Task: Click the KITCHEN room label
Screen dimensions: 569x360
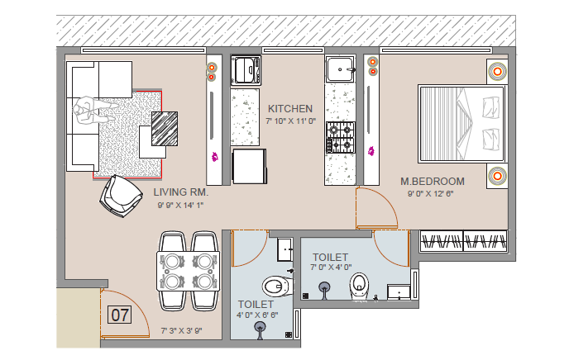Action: pyautogui.click(x=290, y=109)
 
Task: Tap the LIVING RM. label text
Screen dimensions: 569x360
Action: pyautogui.click(x=181, y=192)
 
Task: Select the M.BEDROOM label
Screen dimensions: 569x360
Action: pyautogui.click(x=433, y=181)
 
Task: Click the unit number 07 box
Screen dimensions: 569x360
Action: pyautogui.click(x=120, y=315)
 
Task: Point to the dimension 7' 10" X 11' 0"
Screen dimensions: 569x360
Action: pyautogui.click(x=290, y=121)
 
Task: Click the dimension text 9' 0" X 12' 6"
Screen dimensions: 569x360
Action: pyautogui.click(x=431, y=194)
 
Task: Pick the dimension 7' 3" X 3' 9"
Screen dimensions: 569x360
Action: pyautogui.click(x=181, y=330)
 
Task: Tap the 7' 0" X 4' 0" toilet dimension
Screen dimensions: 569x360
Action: pyautogui.click(x=331, y=268)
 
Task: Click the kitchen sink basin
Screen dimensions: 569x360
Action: pyautogui.click(x=340, y=69)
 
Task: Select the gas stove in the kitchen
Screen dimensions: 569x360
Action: pyautogui.click(x=341, y=137)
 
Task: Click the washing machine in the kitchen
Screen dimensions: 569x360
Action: pyautogui.click(x=246, y=70)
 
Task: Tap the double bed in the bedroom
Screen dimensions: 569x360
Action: pyautogui.click(x=462, y=124)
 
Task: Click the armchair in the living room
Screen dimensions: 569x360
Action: pyautogui.click(x=121, y=197)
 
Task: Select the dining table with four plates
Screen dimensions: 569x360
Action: pyautogui.click(x=189, y=271)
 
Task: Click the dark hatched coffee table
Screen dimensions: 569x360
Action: pyautogui.click(x=165, y=129)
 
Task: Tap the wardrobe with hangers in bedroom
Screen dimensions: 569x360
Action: pyautogui.click(x=463, y=241)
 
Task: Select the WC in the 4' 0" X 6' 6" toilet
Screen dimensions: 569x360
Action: pyautogui.click(x=277, y=287)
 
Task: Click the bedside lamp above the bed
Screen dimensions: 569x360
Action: pyautogui.click(x=497, y=71)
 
